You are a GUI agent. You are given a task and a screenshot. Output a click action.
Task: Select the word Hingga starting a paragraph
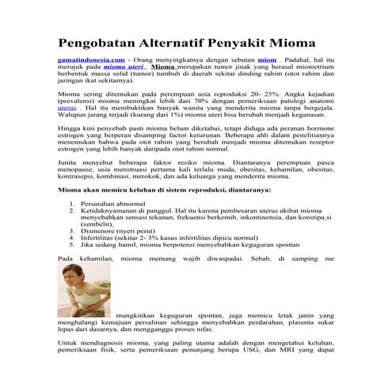pos(70,147)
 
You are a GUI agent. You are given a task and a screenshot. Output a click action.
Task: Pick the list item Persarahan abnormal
pos(109,226)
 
